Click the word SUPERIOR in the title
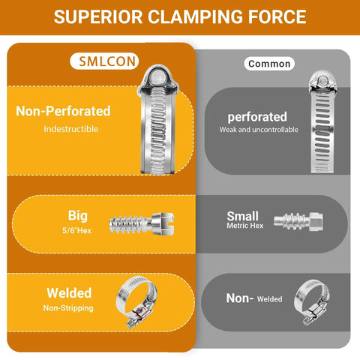[x=98, y=17]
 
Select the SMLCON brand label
[x=104, y=61]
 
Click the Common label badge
[x=269, y=64]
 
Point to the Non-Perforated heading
[x=63, y=111]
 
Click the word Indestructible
[x=71, y=129]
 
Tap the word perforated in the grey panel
[x=257, y=117]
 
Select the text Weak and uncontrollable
[x=259, y=130]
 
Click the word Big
[x=78, y=216]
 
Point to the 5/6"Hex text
[x=76, y=230]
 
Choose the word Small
[x=242, y=216]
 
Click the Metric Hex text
[x=245, y=226]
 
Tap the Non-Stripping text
[x=68, y=308]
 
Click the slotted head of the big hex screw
[x=163, y=223]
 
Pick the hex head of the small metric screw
[x=316, y=221]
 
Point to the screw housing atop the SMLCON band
[x=157, y=79]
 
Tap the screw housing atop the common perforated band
[x=322, y=82]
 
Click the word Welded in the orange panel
[x=69, y=293]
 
